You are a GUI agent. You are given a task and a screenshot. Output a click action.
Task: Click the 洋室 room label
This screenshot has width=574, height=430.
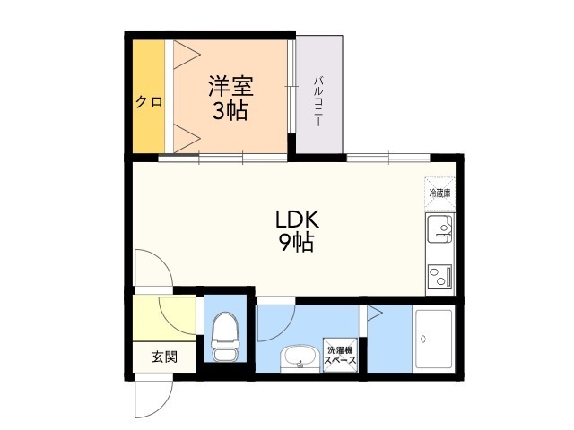(x=230, y=86)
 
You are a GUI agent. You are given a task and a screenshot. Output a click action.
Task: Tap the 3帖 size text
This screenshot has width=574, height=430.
(x=230, y=110)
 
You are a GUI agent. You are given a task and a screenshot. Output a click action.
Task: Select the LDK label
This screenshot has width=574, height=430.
(x=297, y=219)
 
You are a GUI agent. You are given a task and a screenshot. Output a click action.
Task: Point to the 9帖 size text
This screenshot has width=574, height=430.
(x=297, y=242)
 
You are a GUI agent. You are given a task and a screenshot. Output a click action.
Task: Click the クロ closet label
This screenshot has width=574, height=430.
(x=149, y=101)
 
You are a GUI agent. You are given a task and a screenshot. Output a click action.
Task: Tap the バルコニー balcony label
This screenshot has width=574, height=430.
(x=317, y=101)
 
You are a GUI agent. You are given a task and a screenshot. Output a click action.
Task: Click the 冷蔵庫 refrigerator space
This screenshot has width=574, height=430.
(x=439, y=193)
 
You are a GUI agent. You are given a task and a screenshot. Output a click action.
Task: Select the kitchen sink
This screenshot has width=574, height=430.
(x=439, y=228)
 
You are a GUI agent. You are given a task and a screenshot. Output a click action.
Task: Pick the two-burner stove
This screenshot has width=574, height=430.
(x=439, y=276)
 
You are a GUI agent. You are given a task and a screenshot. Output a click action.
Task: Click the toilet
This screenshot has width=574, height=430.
(x=225, y=337)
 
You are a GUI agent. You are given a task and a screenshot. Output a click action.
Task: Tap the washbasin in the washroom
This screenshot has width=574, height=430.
(x=300, y=357)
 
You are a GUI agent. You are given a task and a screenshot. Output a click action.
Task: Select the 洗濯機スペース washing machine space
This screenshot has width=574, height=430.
(x=340, y=355)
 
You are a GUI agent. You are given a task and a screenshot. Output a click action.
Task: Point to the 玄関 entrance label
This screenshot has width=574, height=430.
(x=165, y=357)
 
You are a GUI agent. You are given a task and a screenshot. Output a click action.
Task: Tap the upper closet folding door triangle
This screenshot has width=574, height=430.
(x=187, y=55)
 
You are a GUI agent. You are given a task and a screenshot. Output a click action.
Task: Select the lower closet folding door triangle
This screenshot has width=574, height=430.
(x=187, y=138)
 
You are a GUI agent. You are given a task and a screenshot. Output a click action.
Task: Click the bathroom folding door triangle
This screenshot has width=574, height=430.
(x=375, y=313)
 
